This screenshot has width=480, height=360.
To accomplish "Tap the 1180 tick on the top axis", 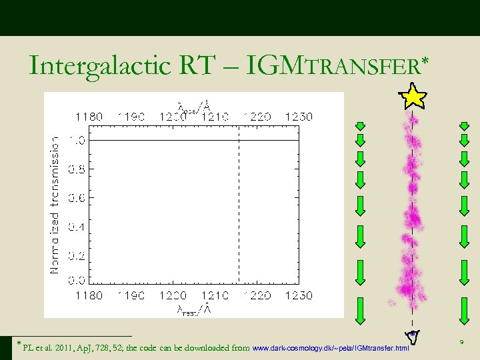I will (x=89, y=116).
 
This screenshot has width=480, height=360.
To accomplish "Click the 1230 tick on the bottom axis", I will (x=299, y=295).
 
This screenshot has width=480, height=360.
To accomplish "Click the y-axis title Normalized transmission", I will (x=55, y=205).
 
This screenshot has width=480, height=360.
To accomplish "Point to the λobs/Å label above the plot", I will (x=193, y=105).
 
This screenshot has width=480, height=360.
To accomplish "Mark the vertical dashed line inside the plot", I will (x=239, y=207).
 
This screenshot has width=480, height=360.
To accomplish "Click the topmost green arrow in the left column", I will (x=359, y=126).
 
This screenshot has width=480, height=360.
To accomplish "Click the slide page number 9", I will (x=461, y=343).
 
